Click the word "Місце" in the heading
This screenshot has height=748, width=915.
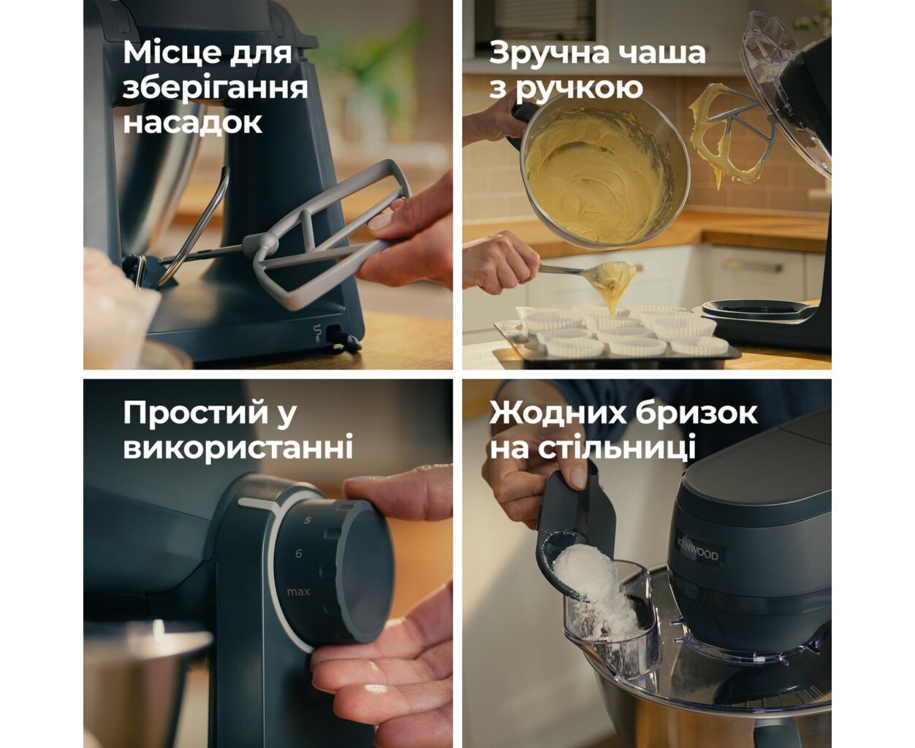172,53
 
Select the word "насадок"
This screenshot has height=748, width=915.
192,123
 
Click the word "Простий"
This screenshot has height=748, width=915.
196,413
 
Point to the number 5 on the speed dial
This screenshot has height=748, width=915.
308,520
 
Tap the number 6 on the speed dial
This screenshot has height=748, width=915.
298,554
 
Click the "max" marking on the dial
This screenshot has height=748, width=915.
298,592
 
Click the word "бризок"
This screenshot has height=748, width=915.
696,413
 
